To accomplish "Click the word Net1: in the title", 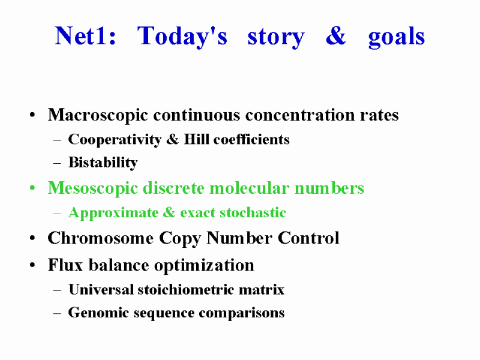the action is click(85, 36).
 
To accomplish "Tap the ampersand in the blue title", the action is click(336, 36).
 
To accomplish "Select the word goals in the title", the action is click(397, 38).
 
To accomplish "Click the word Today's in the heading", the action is click(182, 37).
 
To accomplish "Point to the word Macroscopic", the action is click(98, 116).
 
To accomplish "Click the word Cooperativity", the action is click(115, 140).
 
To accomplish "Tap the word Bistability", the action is click(103, 163).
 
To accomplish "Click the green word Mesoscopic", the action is click(93, 188).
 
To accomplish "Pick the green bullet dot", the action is click(32, 188).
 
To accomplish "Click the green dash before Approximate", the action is click(57, 213).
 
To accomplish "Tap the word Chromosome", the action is click(100, 238).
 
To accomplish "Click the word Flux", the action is click(65, 265).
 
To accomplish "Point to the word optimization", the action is click(204, 266).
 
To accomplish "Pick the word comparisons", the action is click(242, 313).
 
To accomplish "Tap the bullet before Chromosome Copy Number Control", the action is click(32, 238).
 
